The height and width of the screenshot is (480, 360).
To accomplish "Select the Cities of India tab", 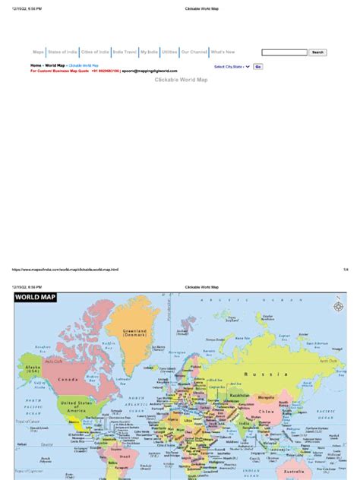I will (95, 52).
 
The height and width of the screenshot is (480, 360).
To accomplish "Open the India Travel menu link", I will (124, 52).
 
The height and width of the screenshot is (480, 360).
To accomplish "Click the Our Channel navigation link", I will (194, 52).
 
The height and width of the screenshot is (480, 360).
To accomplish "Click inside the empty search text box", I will (284, 52).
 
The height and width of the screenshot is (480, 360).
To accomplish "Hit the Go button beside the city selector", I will (258, 67).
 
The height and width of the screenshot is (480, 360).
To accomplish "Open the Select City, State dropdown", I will (232, 67).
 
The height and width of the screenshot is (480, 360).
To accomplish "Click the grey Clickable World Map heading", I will (181, 79).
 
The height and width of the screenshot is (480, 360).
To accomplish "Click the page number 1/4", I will (344, 269).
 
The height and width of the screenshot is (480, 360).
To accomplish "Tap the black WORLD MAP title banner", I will (34, 299).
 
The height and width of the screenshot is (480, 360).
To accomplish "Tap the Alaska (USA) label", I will (33, 368).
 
